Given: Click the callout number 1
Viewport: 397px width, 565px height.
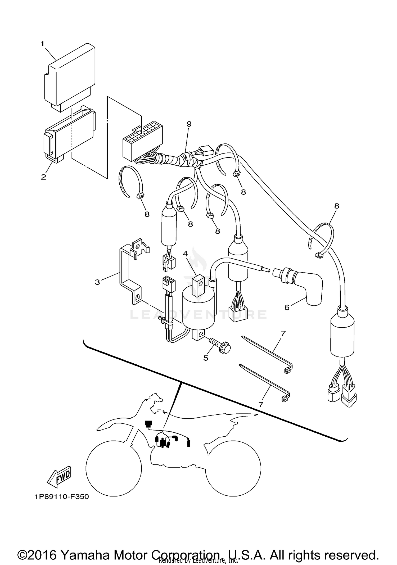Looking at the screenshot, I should click(x=42, y=44).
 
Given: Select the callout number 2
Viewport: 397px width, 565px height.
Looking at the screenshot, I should click(x=43, y=177).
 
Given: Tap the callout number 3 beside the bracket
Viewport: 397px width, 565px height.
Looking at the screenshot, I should click(x=97, y=282).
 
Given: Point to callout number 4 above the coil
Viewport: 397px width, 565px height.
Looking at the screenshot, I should click(x=185, y=254).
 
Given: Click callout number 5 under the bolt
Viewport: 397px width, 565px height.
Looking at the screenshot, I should click(x=206, y=358).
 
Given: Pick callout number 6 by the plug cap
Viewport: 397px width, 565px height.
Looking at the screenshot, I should click(x=287, y=307).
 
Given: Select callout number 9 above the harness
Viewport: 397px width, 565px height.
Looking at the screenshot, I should click(x=189, y=124).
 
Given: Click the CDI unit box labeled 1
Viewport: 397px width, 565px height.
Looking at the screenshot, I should click(x=69, y=77).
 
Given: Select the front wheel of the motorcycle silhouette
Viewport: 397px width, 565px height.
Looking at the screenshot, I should click(x=114, y=468).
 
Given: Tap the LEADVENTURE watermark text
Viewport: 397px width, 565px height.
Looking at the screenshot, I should click(x=198, y=314).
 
